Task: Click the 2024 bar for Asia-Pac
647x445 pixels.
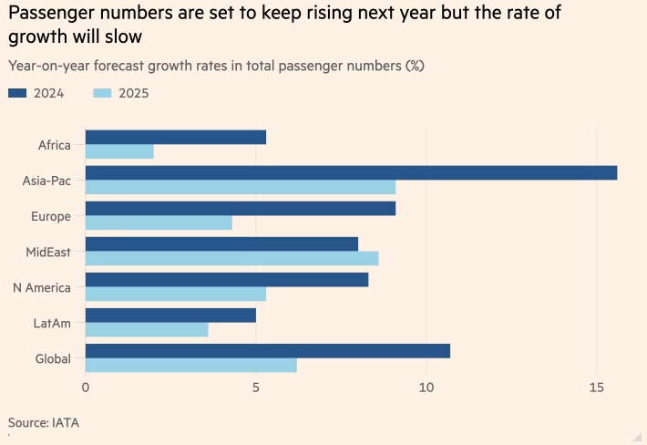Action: tap(351, 173)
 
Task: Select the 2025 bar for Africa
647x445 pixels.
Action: tap(119, 151)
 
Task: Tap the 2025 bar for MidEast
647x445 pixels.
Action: tap(231, 258)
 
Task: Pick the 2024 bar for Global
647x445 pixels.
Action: tap(267, 351)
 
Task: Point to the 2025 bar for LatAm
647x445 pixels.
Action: tap(147, 329)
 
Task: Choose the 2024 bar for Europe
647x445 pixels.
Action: tap(240, 209)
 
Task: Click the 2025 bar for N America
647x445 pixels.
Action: tap(176, 294)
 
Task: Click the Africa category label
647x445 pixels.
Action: tap(55, 145)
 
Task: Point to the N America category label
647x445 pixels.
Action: tap(42, 287)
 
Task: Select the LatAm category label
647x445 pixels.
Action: tap(54, 323)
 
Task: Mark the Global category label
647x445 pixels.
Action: tap(53, 358)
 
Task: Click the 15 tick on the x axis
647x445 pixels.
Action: tap(596, 388)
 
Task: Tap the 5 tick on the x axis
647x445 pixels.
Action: tap(256, 388)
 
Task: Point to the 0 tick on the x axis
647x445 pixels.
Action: tap(86, 388)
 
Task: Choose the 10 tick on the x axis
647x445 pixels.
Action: tap(426, 388)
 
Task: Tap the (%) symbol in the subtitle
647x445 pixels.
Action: tap(415, 66)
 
